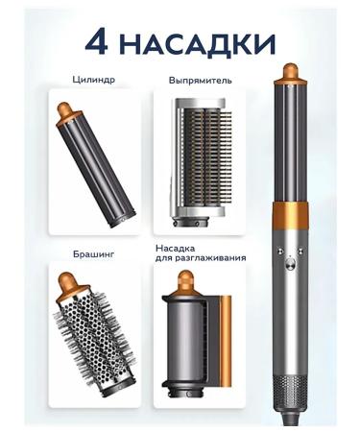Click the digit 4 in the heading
coord(96,43)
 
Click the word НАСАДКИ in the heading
coord(199,43)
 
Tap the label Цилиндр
coord(93,80)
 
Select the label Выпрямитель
coord(201,80)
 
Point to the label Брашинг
coord(93,254)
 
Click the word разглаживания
coord(210,258)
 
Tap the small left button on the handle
coord(279,251)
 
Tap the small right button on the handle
coord(300,251)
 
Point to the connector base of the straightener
coord(191,222)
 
